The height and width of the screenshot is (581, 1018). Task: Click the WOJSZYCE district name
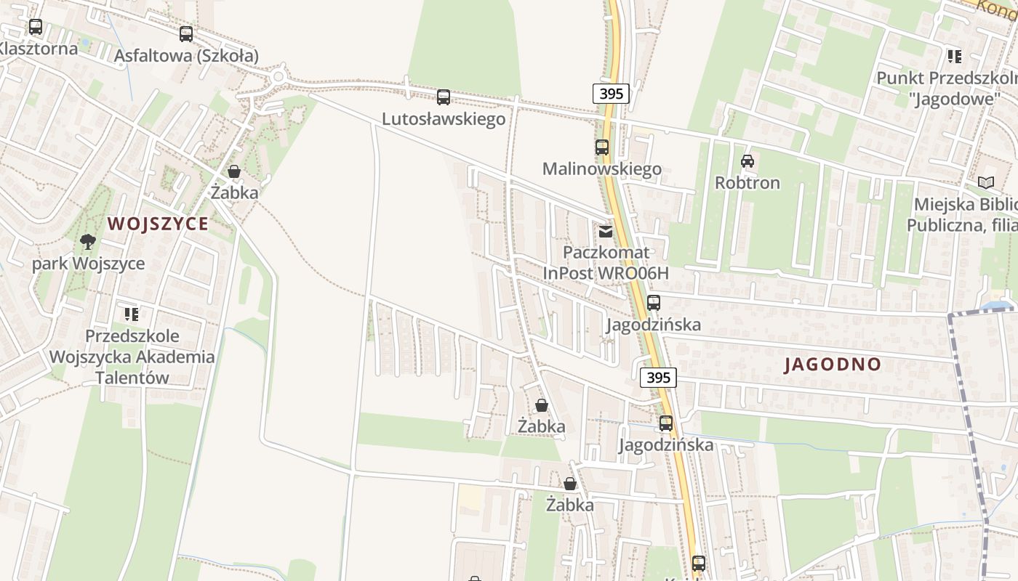click(158, 224)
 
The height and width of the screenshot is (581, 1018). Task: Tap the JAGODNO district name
click(833, 365)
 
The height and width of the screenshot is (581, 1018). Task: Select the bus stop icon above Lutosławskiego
click(444, 97)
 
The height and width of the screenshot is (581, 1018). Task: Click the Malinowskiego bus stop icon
click(602, 147)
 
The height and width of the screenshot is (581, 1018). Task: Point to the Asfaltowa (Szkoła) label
click(186, 56)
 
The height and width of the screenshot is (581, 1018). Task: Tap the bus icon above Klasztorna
click(36, 28)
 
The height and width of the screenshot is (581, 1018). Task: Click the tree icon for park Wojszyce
click(88, 242)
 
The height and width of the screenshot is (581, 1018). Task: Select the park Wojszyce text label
click(88, 264)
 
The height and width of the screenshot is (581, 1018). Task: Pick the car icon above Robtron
click(748, 161)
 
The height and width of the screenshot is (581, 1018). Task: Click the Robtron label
click(748, 183)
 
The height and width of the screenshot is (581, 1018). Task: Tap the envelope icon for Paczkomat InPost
click(605, 232)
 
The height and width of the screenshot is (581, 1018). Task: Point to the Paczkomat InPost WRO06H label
click(605, 263)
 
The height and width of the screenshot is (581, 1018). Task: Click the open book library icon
click(986, 183)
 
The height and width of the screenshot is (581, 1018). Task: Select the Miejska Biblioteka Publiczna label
click(961, 215)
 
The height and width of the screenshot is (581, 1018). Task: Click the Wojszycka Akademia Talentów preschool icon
click(132, 314)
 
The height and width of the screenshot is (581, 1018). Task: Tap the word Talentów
click(132, 378)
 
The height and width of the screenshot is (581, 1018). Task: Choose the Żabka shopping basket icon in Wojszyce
click(234, 172)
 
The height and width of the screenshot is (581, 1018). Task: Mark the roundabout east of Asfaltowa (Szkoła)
click(277, 76)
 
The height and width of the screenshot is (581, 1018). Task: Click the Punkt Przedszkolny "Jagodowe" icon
click(955, 56)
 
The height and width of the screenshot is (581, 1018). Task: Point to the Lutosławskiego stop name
click(444, 119)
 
